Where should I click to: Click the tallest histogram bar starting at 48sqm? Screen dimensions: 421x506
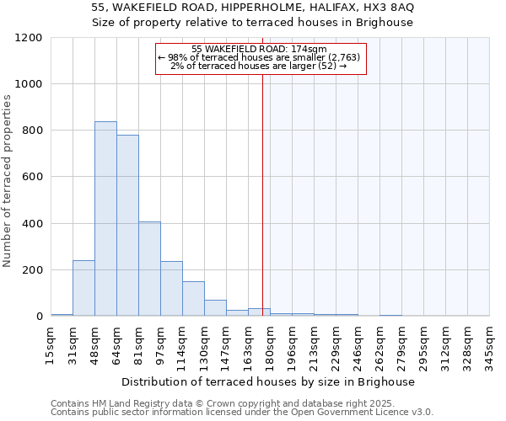105,219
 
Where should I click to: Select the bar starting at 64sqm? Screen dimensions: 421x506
127,226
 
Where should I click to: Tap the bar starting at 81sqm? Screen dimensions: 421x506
149,269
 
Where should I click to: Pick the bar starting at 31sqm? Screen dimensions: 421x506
83,288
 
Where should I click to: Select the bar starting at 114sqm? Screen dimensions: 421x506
193,299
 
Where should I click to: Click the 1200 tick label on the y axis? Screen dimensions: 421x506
29,38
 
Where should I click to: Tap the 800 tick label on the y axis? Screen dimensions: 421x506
32,131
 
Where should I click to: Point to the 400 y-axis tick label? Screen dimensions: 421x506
32,224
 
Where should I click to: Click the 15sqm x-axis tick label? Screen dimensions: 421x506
51,344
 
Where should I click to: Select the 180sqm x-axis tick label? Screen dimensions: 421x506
271,344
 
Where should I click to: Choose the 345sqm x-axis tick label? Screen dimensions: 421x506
490,344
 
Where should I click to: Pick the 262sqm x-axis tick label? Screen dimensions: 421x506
380,344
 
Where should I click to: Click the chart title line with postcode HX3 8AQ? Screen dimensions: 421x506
252,8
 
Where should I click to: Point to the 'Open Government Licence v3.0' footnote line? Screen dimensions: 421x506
242,412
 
